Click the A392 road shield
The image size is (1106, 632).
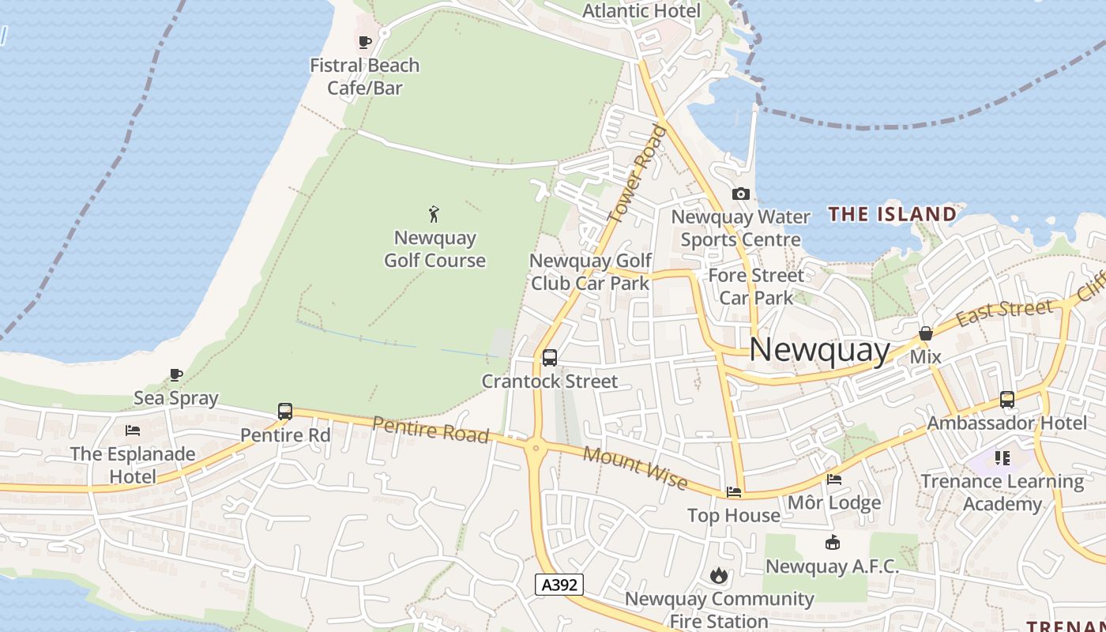[559, 585]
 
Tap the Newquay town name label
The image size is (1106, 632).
[819, 350]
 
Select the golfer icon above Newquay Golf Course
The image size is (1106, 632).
[434, 213]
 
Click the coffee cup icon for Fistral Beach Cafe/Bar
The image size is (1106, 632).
[364, 42]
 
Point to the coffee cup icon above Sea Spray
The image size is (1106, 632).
[175, 374]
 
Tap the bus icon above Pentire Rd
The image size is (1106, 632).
[285, 412]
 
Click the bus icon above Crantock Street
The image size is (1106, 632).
[550, 358]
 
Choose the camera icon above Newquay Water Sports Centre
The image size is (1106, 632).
[740, 194]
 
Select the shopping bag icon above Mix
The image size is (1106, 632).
[925, 333]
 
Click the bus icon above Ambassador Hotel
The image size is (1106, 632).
[1006, 400]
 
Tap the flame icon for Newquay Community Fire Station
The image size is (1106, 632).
[718, 575]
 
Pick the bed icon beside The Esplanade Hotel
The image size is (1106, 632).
[133, 431]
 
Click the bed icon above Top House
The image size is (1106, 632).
[734, 492]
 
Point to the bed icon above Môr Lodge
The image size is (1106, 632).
[833, 479]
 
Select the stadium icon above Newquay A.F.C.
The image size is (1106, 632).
[832, 543]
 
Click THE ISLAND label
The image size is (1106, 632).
[892, 214]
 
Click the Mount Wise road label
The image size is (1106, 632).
[634, 467]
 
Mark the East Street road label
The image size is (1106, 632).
[1005, 311]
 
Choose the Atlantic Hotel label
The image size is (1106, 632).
[641, 11]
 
